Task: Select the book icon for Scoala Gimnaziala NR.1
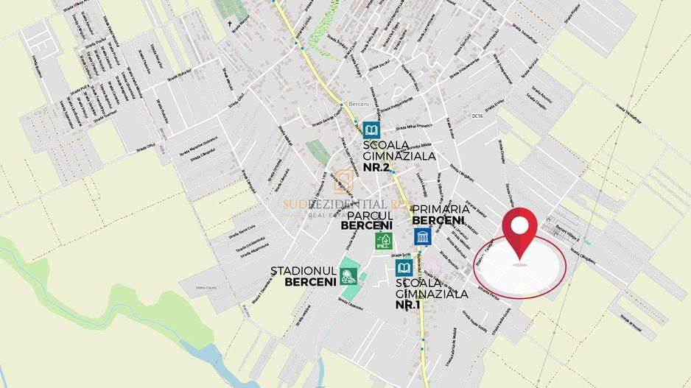404,268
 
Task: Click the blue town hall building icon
422,236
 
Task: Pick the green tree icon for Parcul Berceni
383,241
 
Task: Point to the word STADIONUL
304,270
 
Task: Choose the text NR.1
409,304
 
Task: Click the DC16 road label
477,116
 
